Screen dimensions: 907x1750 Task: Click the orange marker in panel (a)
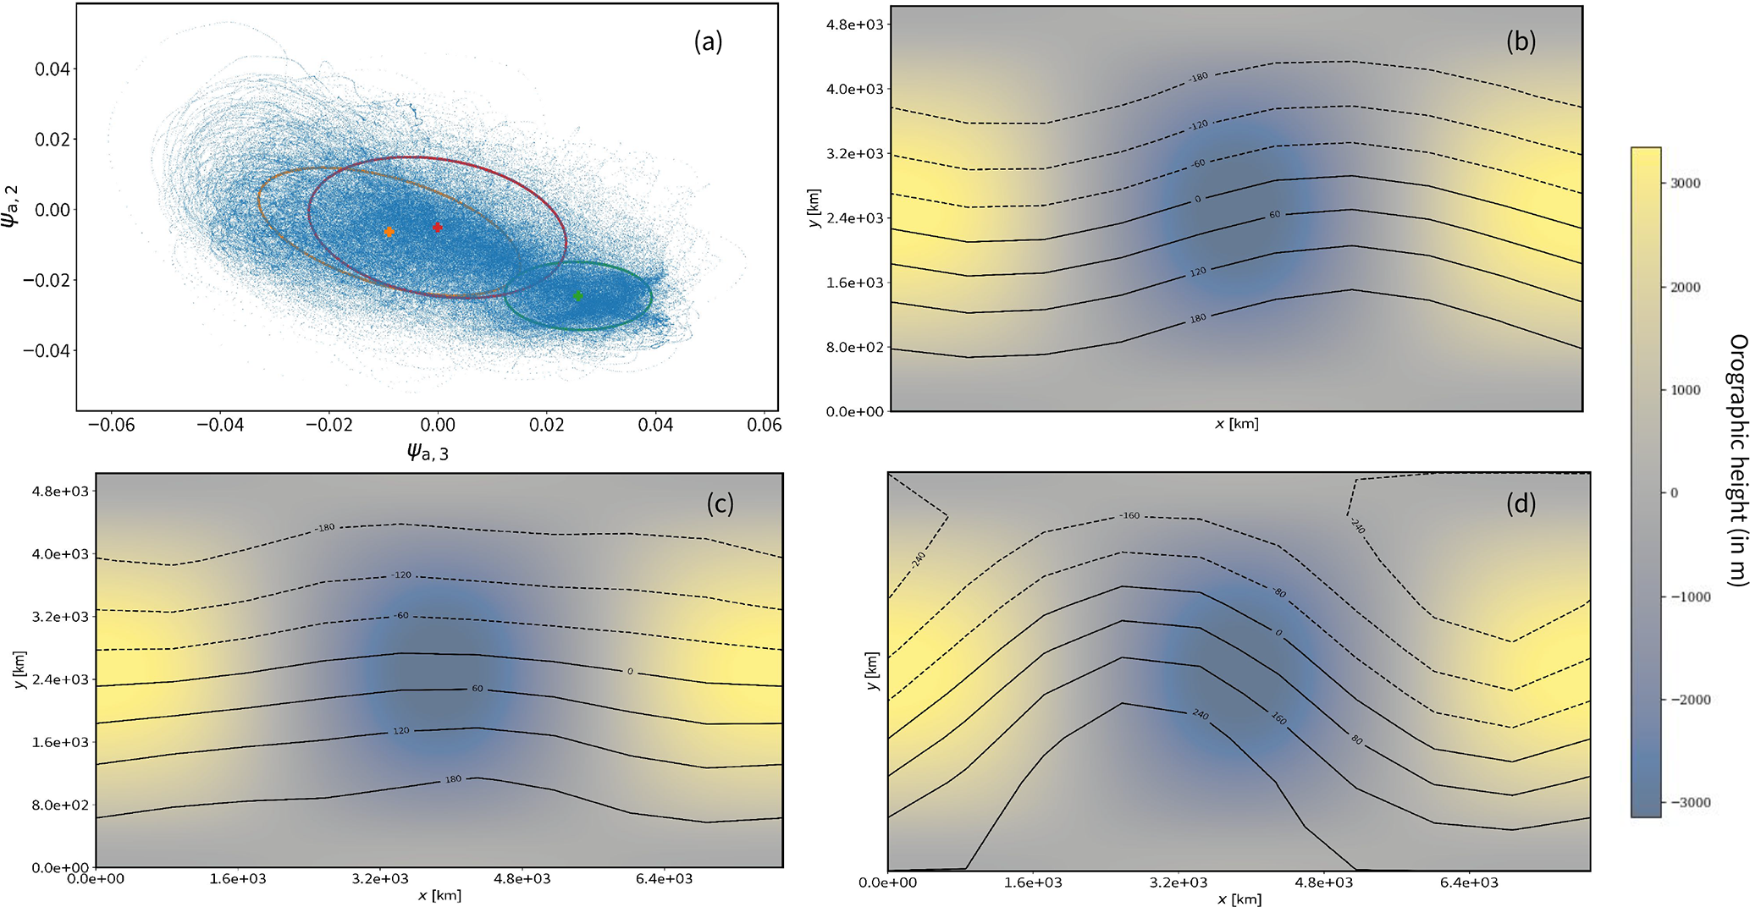(x=389, y=232)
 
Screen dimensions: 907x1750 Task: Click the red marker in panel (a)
(x=438, y=228)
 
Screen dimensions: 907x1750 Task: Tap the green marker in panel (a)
(x=578, y=296)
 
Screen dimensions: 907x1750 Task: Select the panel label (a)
(x=708, y=41)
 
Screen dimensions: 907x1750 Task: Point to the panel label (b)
(x=1521, y=41)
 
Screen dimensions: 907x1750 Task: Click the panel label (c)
(x=720, y=503)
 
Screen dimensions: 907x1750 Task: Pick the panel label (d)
(x=1521, y=503)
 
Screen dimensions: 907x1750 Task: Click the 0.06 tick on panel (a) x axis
(x=764, y=425)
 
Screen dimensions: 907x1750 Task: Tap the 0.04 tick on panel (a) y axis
(x=52, y=69)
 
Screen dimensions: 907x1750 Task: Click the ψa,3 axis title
(x=428, y=453)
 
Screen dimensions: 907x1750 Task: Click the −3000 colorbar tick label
(x=1681, y=802)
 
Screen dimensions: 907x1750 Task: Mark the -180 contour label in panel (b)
(x=1198, y=77)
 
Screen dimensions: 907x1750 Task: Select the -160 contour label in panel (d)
(x=1129, y=515)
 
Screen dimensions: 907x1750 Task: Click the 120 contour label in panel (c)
(x=400, y=730)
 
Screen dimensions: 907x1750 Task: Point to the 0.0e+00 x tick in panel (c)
(x=97, y=879)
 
